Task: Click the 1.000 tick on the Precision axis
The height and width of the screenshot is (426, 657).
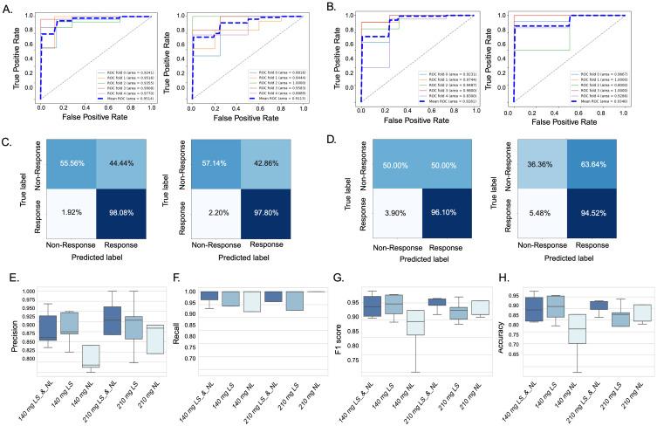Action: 30,291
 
